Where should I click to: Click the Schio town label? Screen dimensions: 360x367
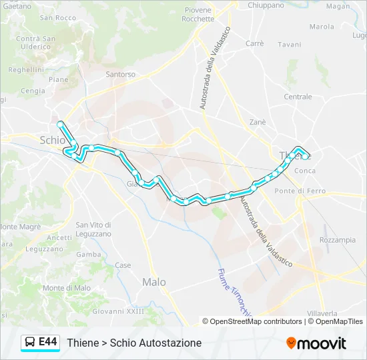53,140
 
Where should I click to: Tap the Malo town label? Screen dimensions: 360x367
154,282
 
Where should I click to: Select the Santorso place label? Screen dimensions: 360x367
120,74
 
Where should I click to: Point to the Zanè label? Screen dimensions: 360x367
257,122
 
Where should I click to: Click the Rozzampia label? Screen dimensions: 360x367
338,240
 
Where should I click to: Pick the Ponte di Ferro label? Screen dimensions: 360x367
298,191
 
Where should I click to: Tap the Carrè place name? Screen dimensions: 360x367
254,43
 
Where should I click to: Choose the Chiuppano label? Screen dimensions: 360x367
267,5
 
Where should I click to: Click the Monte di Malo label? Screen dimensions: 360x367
66,288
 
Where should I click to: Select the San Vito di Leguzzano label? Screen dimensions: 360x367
93,229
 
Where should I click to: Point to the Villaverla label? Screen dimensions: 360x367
322,313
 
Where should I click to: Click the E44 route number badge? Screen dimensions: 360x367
48,342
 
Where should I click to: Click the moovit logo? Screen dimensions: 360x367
316,343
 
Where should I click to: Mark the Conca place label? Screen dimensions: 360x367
305,171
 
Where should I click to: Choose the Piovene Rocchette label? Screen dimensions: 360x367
198,15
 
